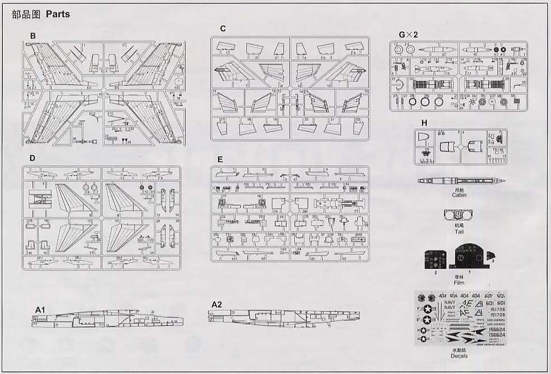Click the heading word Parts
58,14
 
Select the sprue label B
33,36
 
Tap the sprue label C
223,29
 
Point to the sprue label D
32,158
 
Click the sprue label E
220,159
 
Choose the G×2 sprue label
408,35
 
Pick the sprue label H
425,123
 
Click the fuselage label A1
40,309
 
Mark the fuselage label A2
217,304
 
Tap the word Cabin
459,195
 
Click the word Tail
459,231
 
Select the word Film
459,282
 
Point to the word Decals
459,356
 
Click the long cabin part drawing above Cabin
459,181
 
